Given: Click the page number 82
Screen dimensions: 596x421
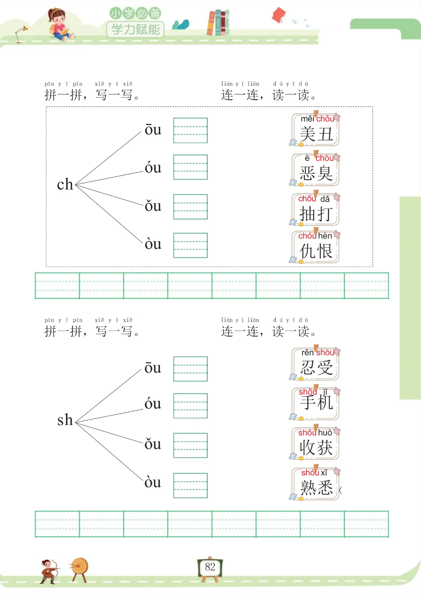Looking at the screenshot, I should click(210, 567).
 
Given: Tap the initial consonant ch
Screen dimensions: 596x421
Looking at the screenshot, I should click(65, 185).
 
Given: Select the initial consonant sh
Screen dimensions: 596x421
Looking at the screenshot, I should click(65, 420).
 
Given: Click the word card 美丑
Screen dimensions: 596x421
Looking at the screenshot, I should click(316, 130).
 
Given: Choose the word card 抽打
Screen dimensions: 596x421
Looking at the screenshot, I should click(316, 210).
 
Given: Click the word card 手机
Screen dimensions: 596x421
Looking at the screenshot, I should click(316, 404).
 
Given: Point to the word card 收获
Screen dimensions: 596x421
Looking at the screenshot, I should click(316, 444).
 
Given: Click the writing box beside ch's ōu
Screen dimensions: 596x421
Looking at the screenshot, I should click(190, 130).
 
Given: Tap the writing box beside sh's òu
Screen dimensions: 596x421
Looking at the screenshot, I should click(190, 485).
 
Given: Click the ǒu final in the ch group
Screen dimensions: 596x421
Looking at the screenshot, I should click(153, 206).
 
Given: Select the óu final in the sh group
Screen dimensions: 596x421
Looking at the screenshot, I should click(153, 404).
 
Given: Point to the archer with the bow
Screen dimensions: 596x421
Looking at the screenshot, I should click(49, 571).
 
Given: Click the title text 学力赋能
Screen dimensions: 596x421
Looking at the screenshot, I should click(135, 29).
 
